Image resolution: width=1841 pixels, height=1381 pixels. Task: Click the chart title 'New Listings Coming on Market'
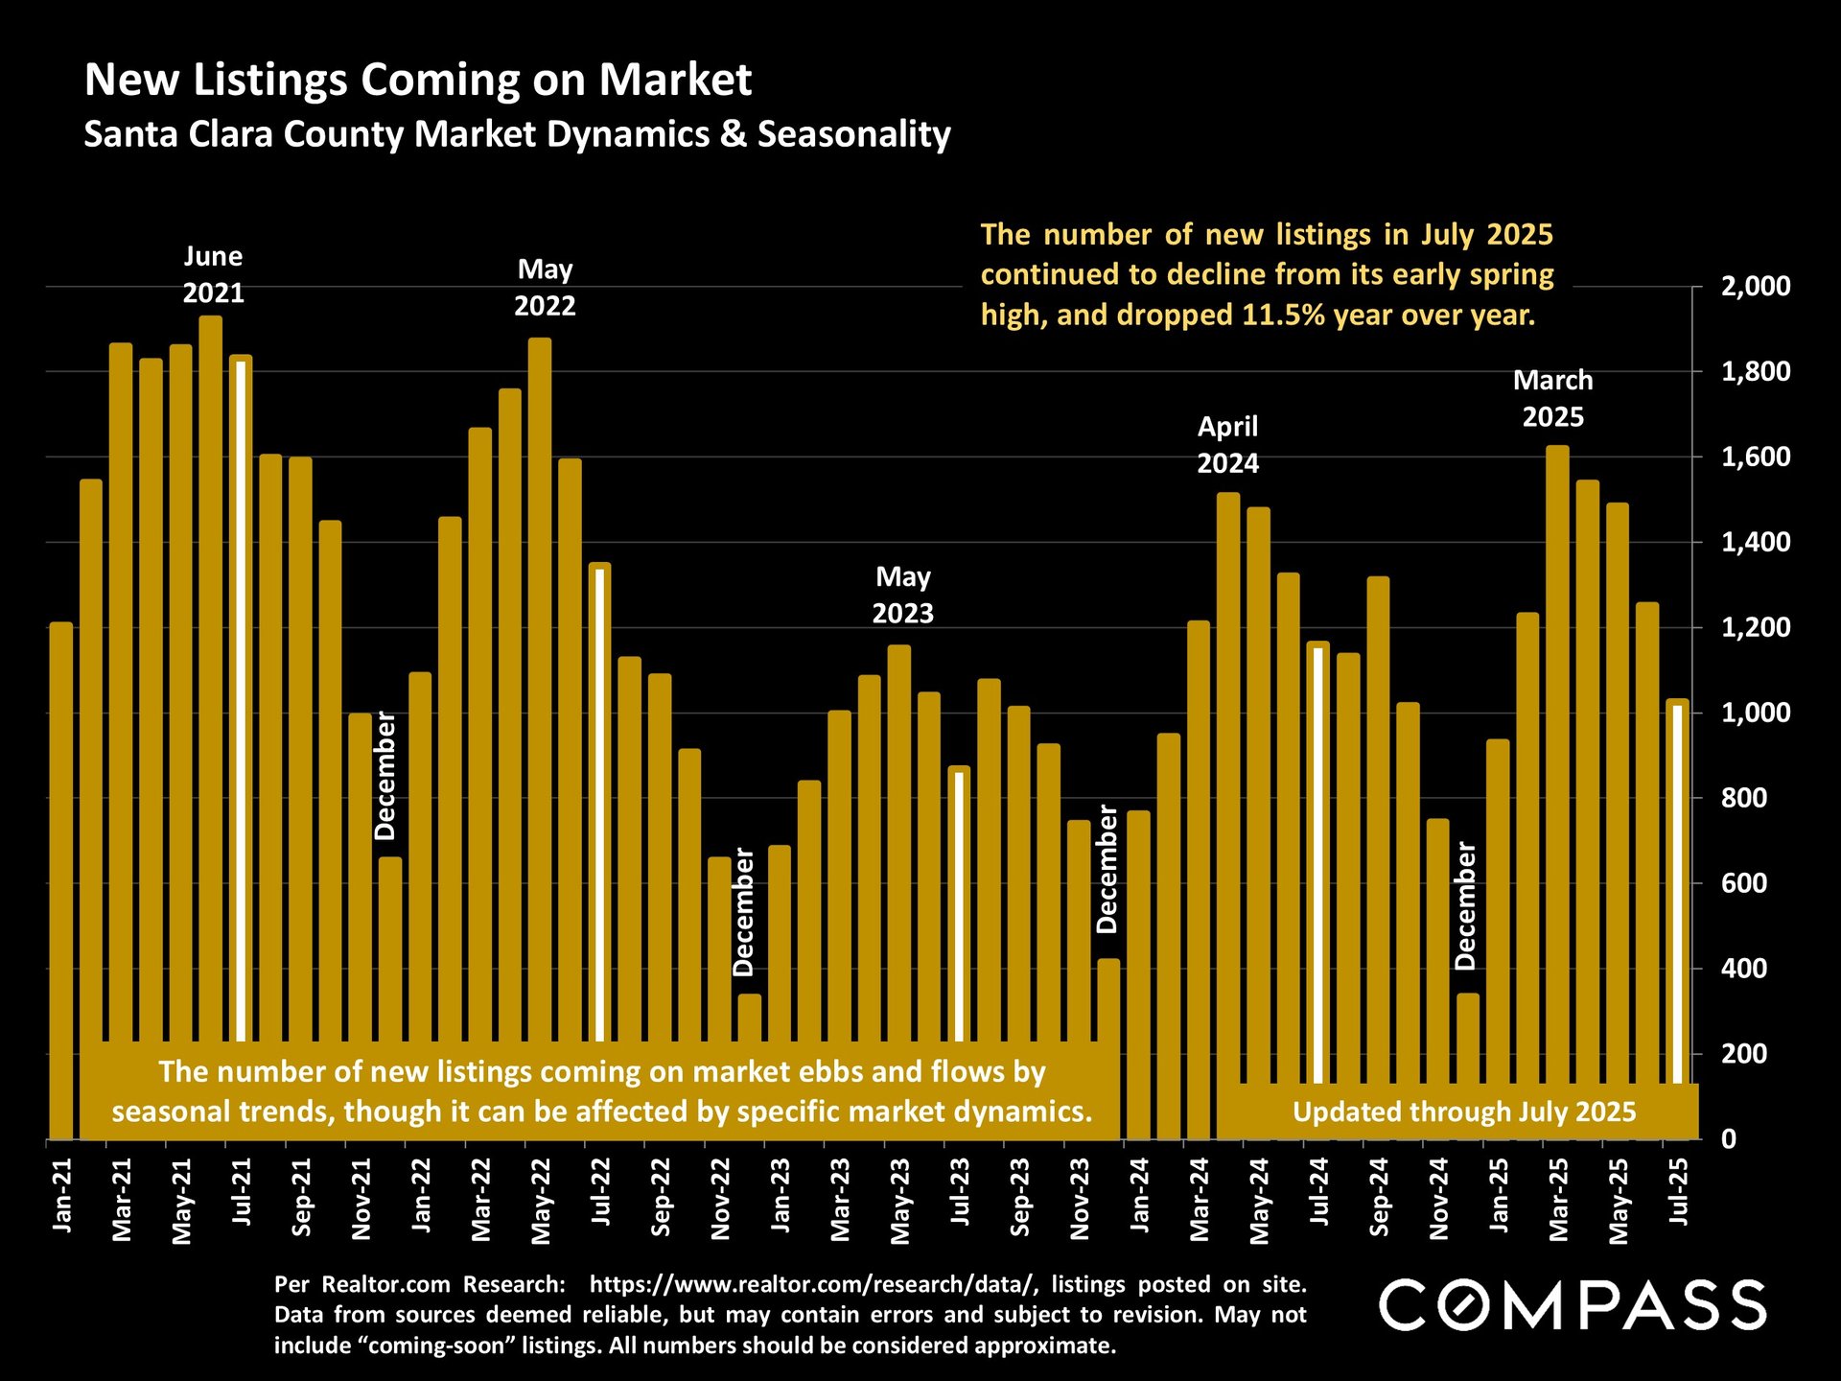(418, 80)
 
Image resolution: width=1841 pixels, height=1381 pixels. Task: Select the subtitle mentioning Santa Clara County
(517, 134)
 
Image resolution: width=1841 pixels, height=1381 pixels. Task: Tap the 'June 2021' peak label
(213, 274)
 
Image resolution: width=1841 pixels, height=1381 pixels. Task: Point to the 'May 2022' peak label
(545, 288)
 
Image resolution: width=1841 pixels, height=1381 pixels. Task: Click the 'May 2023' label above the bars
(902, 595)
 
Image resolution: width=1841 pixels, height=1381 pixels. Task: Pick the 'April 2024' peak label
(1227, 445)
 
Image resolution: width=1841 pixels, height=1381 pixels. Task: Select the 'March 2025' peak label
(1553, 399)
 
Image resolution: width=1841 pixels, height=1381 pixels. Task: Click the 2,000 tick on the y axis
(1756, 286)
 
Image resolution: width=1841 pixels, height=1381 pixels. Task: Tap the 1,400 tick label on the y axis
(1756, 542)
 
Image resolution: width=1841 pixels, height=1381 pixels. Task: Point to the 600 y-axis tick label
(1744, 883)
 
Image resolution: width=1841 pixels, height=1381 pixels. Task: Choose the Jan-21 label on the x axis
(61, 1195)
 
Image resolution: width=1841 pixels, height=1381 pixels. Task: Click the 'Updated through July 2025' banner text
(1464, 1112)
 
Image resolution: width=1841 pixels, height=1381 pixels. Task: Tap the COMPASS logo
(1573, 1304)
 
